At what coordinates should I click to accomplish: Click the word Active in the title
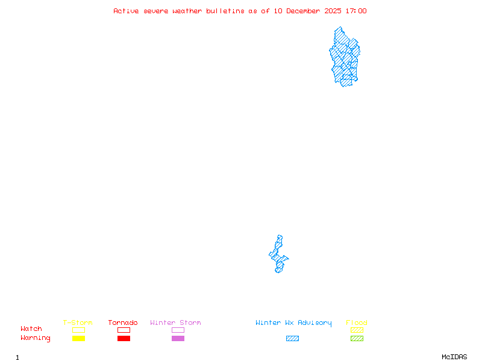coord(126,11)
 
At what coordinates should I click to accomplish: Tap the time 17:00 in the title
coord(355,11)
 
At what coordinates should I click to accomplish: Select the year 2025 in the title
coord(333,11)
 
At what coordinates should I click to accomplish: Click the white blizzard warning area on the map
coord(280,230)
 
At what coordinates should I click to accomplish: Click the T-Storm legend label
coord(78,323)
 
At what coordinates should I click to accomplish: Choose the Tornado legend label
coord(123,323)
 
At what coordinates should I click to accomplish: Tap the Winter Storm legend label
coord(175,323)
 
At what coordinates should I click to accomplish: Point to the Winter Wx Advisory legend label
coord(293,323)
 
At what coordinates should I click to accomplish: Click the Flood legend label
coord(357,323)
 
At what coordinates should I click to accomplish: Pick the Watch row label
coord(31,329)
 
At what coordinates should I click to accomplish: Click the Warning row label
coord(36,338)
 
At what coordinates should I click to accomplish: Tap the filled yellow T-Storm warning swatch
coord(78,338)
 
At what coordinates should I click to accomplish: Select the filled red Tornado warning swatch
coord(124,338)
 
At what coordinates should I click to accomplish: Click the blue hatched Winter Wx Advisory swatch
coord(292,338)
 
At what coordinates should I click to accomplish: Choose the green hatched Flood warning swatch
coord(357,338)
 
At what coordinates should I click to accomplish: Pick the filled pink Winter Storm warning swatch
coord(178,338)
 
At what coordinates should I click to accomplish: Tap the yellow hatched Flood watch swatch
coord(357,330)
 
